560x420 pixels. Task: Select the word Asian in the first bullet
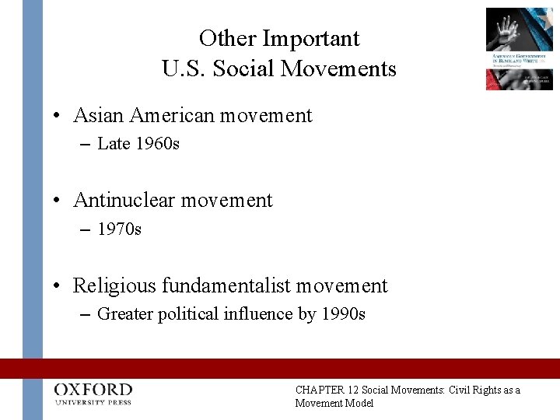(100, 116)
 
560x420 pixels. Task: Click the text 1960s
(158, 145)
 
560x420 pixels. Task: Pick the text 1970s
(120, 229)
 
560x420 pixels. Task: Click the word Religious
(115, 286)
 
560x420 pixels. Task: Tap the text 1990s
(344, 315)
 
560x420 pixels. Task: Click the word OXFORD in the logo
(93, 389)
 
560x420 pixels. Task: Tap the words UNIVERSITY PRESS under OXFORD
(93, 402)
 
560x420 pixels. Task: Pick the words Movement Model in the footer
(334, 403)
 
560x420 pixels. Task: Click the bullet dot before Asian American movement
(58, 117)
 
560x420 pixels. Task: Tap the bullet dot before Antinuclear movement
(58, 201)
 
